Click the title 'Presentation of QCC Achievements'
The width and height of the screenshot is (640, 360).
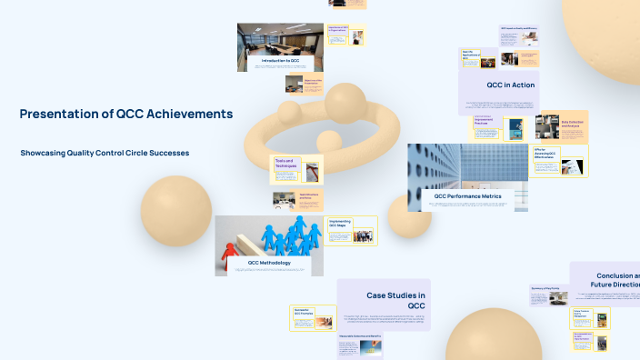click(x=126, y=114)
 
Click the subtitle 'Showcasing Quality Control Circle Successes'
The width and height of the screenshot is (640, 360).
click(x=105, y=153)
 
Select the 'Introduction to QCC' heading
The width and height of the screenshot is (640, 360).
click(x=280, y=60)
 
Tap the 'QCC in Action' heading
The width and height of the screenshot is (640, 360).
click(x=510, y=85)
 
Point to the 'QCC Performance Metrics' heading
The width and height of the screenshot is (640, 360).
click(x=467, y=195)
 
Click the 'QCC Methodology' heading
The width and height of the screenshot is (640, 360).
click(x=269, y=263)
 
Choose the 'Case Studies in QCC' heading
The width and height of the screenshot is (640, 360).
click(x=396, y=301)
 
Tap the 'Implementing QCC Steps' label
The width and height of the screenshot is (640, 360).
click(x=340, y=224)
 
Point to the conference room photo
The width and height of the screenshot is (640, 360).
click(x=279, y=39)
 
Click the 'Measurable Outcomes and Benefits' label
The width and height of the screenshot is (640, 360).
click(x=360, y=336)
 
